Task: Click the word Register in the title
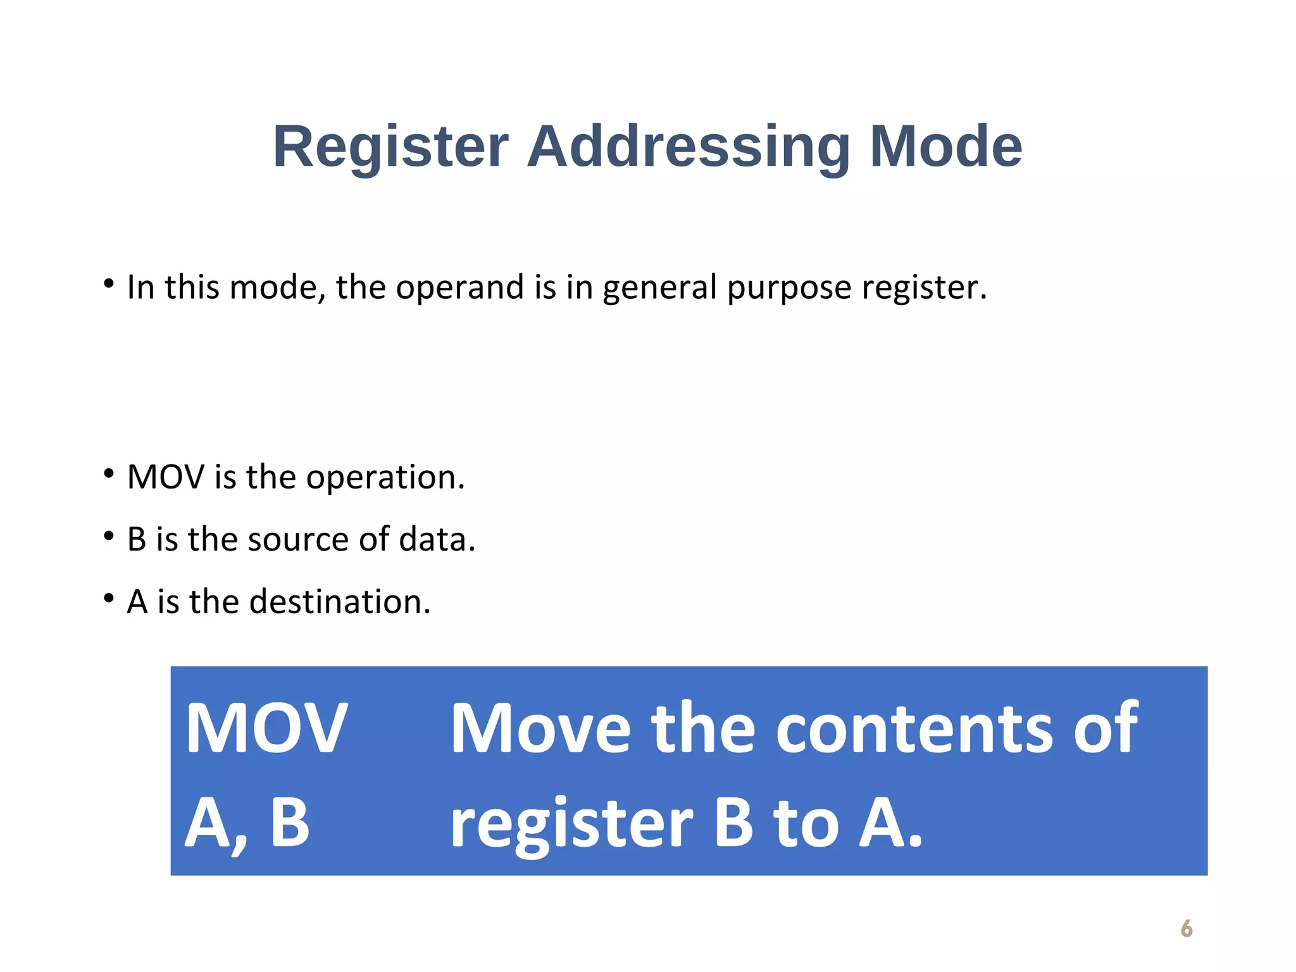(x=390, y=147)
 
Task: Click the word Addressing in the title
(x=688, y=147)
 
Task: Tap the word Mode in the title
(x=945, y=147)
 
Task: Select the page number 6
(x=1187, y=928)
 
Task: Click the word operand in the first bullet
(x=461, y=288)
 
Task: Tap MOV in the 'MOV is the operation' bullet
(x=166, y=477)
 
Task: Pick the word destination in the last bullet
(x=340, y=602)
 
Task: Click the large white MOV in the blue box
(x=266, y=728)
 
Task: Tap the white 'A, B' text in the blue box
(x=247, y=823)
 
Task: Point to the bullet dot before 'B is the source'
(x=109, y=537)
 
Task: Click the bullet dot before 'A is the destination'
(x=109, y=598)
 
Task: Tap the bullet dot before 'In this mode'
(x=109, y=283)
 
